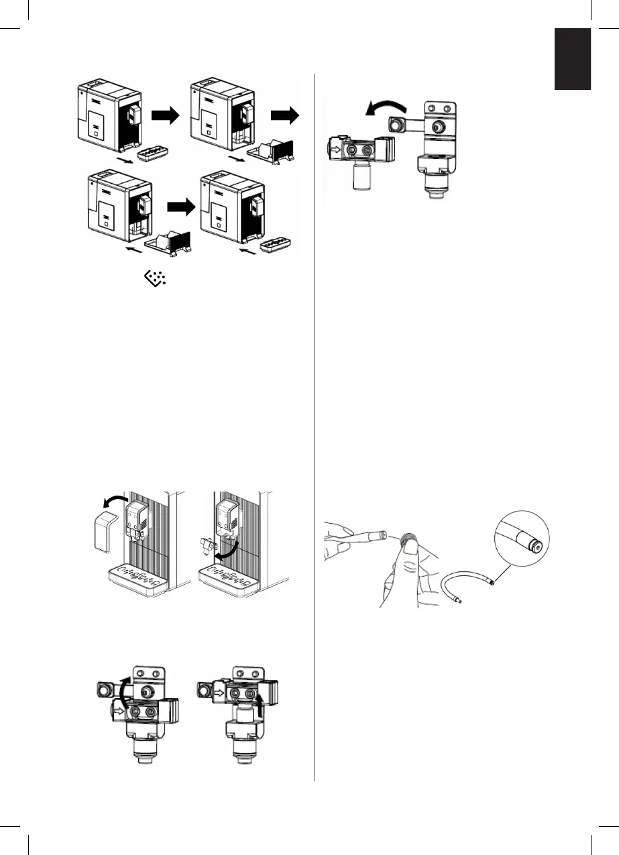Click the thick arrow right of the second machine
(x=285, y=117)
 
